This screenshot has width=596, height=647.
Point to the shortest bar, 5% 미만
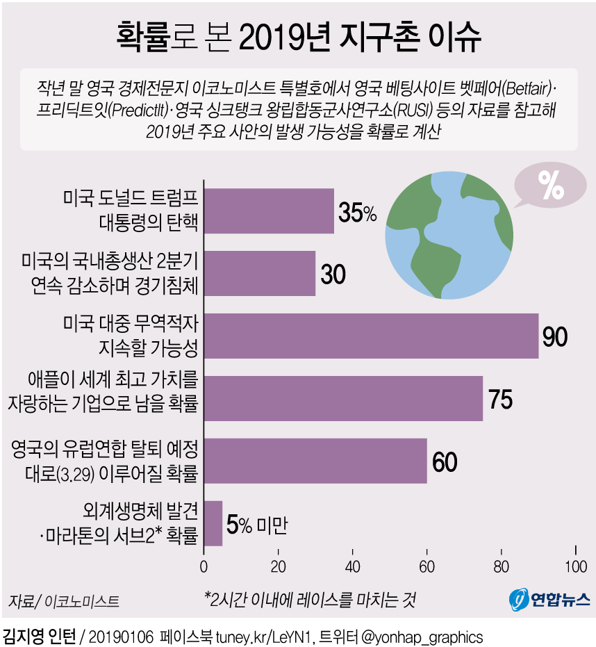click(213, 523)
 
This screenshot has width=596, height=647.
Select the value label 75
click(500, 400)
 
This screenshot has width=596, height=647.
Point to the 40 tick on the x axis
click(352, 566)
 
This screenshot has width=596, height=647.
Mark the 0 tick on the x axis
click(204, 566)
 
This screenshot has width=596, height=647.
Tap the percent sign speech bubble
click(550, 186)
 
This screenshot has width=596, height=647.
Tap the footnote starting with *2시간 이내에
click(310, 598)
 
